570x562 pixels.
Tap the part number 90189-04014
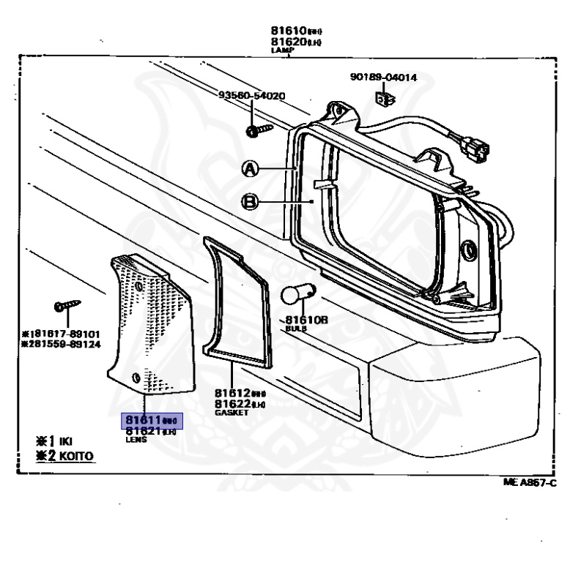(383, 77)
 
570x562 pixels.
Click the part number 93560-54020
(252, 96)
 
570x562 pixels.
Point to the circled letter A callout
(250, 169)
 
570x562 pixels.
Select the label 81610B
(306, 320)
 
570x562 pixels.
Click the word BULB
(296, 329)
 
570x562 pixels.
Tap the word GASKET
(232, 413)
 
